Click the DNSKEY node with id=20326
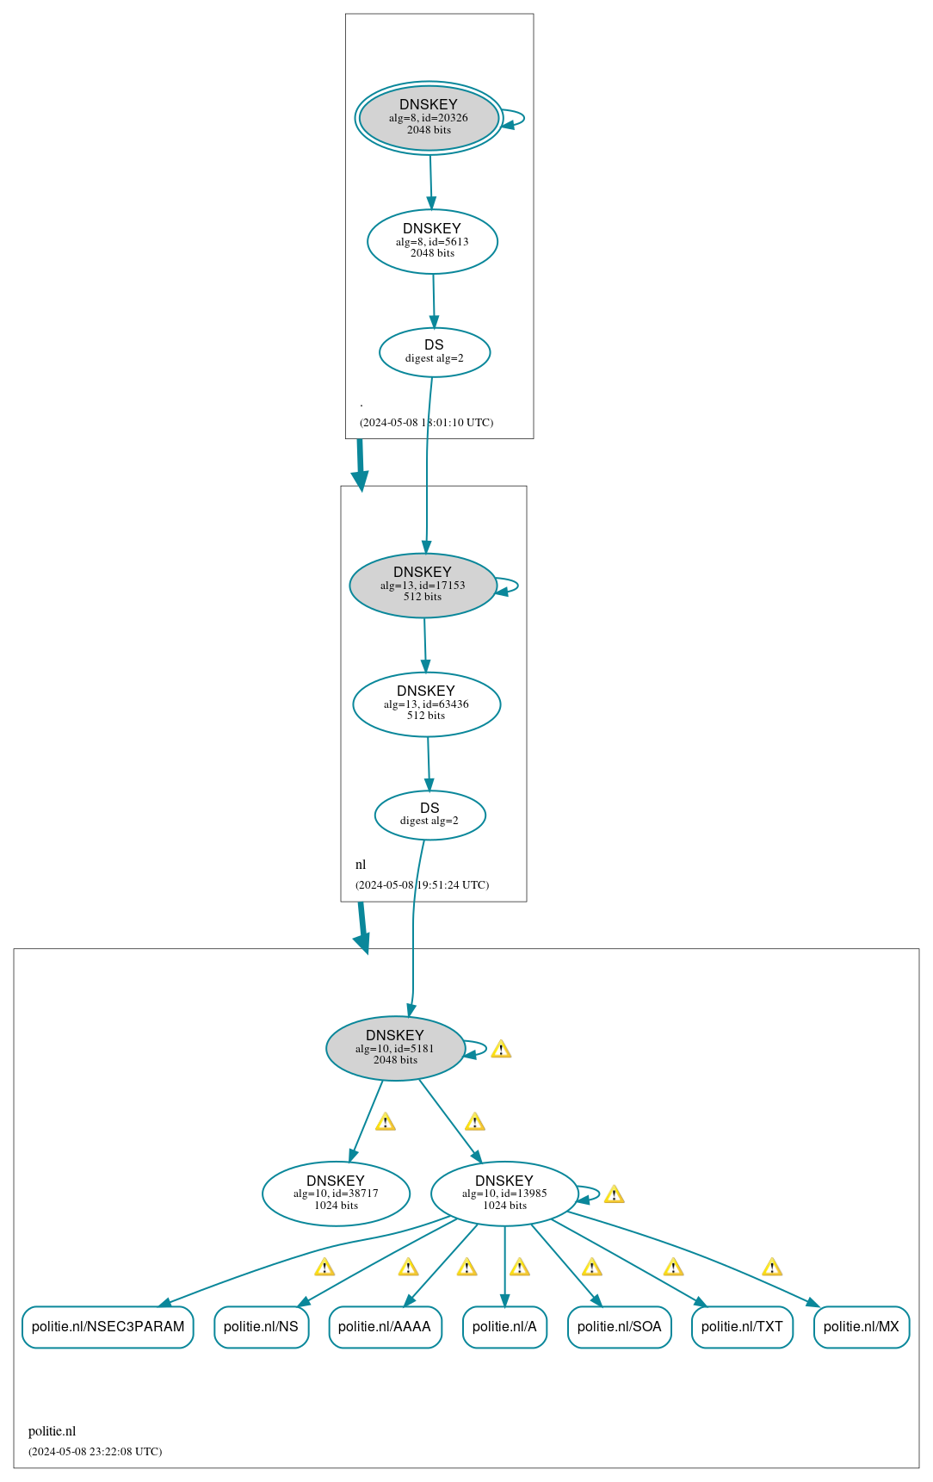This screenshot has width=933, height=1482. (429, 118)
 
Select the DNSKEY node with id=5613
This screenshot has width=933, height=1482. (432, 241)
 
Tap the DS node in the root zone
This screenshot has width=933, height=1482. (435, 351)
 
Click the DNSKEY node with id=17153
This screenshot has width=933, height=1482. (423, 585)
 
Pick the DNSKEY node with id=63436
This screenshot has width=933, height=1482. (426, 704)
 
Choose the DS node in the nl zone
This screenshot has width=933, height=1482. (429, 814)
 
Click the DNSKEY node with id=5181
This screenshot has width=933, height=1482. (395, 1048)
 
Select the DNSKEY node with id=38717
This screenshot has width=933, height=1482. (336, 1193)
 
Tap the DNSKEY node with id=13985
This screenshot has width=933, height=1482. (504, 1193)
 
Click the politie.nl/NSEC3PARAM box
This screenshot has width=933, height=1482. (108, 1326)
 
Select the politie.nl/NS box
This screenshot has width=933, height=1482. (261, 1326)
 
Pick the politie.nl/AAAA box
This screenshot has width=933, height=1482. (385, 1326)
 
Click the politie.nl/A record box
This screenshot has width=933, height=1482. (504, 1326)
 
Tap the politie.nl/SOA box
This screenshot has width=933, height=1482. (619, 1326)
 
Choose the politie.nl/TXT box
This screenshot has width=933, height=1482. (742, 1326)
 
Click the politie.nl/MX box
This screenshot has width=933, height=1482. (861, 1326)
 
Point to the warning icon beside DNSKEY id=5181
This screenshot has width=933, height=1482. (501, 1049)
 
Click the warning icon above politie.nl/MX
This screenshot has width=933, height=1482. (772, 1267)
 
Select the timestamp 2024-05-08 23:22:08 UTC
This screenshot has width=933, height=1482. (95, 1451)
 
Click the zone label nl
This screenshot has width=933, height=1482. (361, 865)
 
